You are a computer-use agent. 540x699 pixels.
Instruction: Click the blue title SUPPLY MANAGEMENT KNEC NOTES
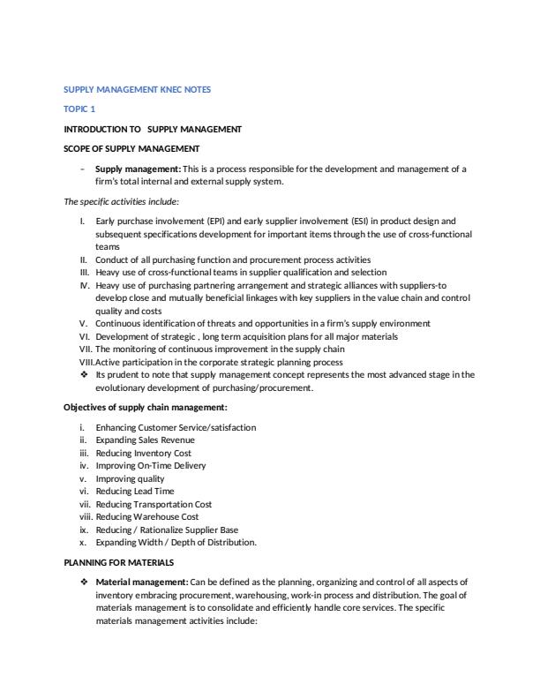click(x=138, y=89)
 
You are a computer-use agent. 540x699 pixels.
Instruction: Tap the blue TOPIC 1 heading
click(x=79, y=109)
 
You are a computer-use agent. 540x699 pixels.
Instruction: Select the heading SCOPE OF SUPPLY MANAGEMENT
click(x=131, y=147)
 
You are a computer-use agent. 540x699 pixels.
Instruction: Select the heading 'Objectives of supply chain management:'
click(x=146, y=407)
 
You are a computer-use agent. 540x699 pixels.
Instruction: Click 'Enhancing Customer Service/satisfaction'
click(x=176, y=427)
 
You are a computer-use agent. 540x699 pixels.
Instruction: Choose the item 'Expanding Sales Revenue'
click(x=145, y=440)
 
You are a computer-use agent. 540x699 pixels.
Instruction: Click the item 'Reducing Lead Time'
click(x=134, y=491)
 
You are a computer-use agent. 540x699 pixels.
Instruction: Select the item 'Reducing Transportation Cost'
click(x=154, y=504)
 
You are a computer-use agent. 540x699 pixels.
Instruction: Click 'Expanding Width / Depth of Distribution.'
click(x=176, y=542)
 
